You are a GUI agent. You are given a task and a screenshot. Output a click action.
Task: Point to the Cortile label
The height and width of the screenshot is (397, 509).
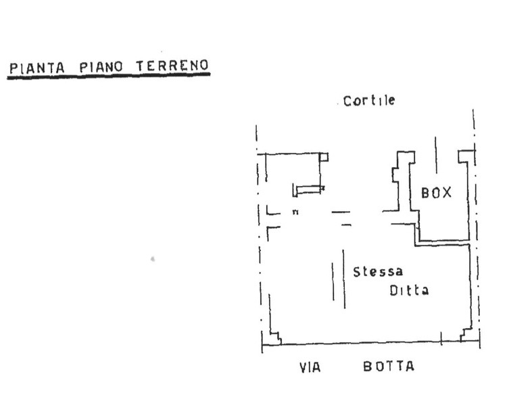[369, 101]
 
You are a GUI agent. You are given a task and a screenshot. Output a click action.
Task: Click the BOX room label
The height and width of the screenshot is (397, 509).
[436, 193]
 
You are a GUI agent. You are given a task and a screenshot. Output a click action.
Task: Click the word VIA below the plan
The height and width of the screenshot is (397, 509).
[310, 368]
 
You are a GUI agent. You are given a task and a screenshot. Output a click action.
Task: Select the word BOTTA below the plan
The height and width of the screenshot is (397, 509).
[389, 367]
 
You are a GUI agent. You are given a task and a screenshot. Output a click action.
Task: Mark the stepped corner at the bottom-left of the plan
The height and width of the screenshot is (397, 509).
[274, 337]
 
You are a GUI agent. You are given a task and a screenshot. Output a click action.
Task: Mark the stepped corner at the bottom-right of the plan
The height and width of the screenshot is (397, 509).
[466, 335]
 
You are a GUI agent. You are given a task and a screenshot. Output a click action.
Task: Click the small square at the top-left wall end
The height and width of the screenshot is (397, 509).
[324, 158]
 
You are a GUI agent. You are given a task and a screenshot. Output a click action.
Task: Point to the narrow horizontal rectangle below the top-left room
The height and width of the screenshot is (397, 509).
[310, 189]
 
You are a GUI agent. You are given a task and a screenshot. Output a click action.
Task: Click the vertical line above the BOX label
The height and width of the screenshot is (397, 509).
[436, 156]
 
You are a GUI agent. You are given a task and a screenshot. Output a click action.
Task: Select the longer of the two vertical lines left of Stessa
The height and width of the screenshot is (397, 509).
[344, 279]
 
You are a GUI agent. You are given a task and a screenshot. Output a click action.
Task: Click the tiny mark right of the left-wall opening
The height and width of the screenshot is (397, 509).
[295, 213]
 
